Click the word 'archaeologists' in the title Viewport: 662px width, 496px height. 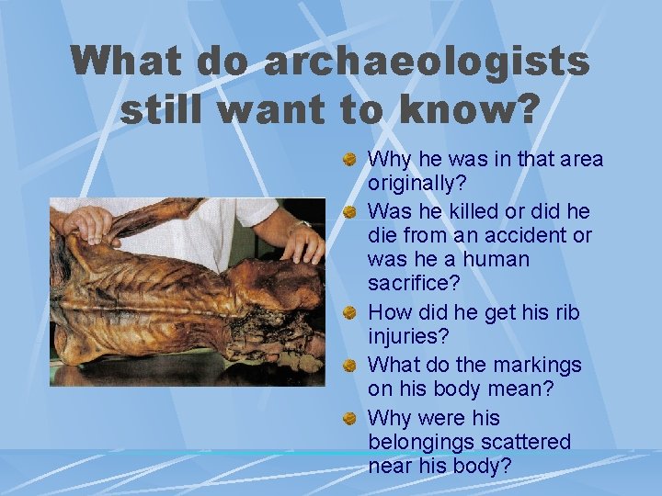426,62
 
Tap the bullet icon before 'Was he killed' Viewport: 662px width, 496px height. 350,210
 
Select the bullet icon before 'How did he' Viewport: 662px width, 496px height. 350,313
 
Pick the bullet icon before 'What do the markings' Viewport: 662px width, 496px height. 350,365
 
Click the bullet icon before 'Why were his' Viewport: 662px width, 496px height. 350,418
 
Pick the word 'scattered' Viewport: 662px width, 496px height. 528,442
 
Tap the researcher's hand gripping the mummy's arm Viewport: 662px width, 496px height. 88,223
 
